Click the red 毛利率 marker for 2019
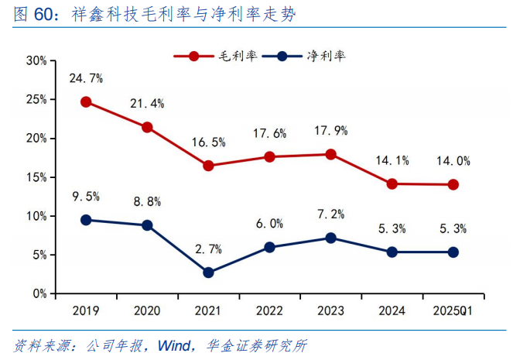click(x=86, y=101)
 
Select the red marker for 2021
click(x=208, y=166)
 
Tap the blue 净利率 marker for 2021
click(x=208, y=273)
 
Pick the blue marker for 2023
click(x=330, y=238)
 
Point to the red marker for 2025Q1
click(x=453, y=184)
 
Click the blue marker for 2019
click(x=86, y=220)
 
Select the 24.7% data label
click(x=86, y=78)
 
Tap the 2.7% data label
click(x=208, y=249)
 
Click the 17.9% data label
click(x=331, y=131)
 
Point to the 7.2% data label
click(x=331, y=214)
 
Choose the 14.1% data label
click(x=392, y=161)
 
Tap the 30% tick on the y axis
click(x=36, y=60)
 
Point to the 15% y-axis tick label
click(x=36, y=177)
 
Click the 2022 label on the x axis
click(x=269, y=310)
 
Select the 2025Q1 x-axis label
click(x=453, y=310)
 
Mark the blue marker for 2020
click(x=147, y=225)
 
